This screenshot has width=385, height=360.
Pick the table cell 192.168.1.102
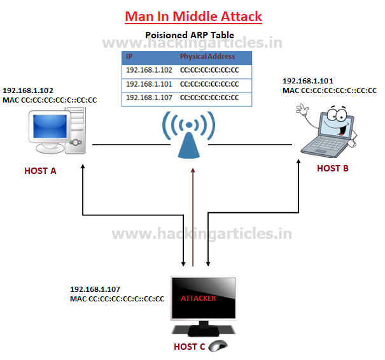pos(149,70)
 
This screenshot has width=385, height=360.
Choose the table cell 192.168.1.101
pos(149,83)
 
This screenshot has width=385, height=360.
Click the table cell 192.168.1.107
pos(149,97)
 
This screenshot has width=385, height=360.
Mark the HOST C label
pos(190,347)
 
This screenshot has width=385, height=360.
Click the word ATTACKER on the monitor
pos(199,298)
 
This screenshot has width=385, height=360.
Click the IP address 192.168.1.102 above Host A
pos(29,91)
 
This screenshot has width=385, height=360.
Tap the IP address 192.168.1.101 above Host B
pos(309,82)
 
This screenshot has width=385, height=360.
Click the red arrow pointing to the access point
pos(193,217)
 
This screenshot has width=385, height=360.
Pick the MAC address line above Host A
pos(50,100)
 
